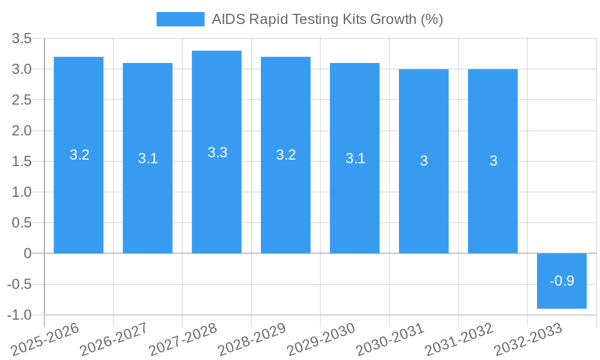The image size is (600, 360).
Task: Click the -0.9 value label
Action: click(562, 281)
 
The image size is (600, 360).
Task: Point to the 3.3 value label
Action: click(217, 152)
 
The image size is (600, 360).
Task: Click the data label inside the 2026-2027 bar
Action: click(148, 158)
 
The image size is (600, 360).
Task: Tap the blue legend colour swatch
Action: click(180, 19)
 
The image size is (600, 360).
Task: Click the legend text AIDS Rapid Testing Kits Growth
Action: click(327, 19)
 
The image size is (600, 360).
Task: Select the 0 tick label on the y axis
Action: click(28, 254)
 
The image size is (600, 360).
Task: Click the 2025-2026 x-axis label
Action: click(46, 339)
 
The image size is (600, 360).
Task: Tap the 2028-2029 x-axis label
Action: click(252, 339)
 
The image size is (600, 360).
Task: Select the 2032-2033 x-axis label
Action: click(528, 339)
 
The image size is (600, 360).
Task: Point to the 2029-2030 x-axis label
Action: click(321, 339)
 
